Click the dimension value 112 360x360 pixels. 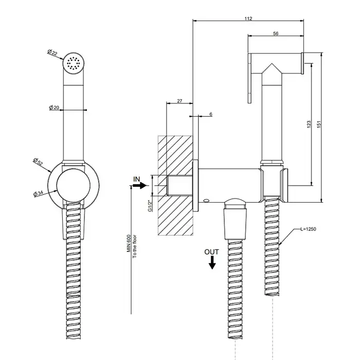coord(248,19)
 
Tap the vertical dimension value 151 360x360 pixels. coord(323,125)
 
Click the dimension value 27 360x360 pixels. coord(179,101)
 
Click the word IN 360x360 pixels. coord(137,178)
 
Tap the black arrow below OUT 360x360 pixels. coord(211,263)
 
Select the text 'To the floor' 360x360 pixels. coord(134,246)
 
